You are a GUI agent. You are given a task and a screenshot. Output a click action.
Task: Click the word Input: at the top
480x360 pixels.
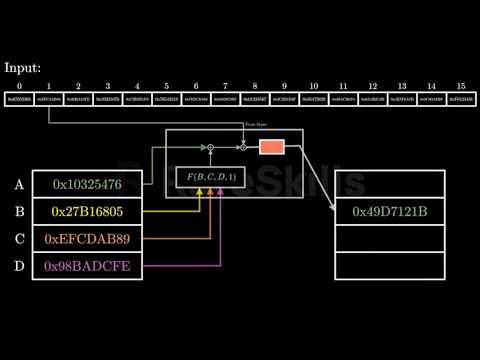23,69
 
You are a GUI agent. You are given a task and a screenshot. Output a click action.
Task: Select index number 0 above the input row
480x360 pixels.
19,87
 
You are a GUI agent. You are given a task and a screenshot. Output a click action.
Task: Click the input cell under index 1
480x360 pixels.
49,101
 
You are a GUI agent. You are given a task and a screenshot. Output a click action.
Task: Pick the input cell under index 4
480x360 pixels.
137,101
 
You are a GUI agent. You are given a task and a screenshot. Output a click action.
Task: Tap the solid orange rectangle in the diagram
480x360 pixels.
271,147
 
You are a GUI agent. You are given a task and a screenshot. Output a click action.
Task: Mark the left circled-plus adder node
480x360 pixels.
210,147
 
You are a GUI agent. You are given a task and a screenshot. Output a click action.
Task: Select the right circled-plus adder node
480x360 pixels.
243,147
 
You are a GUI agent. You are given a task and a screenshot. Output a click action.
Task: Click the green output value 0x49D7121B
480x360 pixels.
389,212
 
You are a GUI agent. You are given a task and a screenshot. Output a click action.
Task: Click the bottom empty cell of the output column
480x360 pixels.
389,266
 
